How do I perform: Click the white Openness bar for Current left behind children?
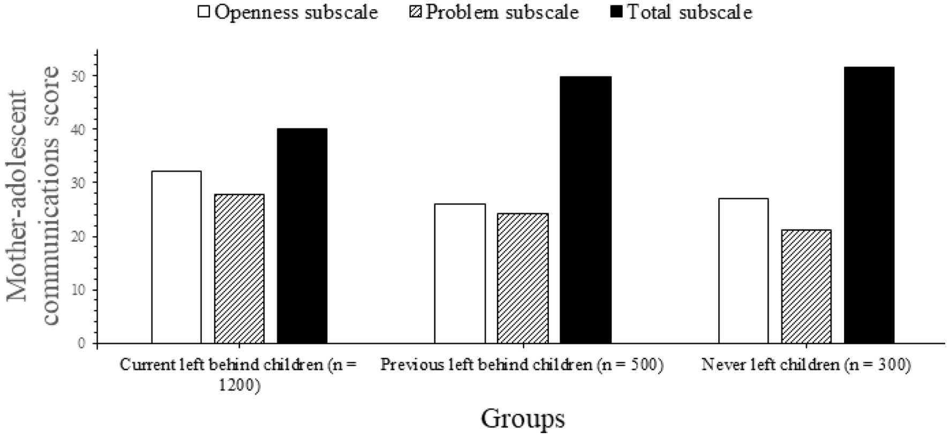click(x=176, y=257)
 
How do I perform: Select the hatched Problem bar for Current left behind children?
click(x=239, y=269)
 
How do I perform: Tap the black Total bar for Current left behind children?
click(x=302, y=236)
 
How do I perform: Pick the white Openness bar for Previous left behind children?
click(x=460, y=273)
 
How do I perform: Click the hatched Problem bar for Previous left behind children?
click(x=523, y=278)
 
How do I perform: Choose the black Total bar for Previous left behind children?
click(x=585, y=210)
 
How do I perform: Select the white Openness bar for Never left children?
click(x=743, y=271)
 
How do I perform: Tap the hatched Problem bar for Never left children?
click(x=806, y=286)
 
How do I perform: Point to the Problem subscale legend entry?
click(x=494, y=12)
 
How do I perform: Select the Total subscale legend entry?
click(x=681, y=12)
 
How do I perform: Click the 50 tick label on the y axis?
click(x=81, y=76)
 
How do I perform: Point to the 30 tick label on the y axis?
click(x=81, y=183)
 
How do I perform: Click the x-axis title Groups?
click(x=522, y=418)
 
